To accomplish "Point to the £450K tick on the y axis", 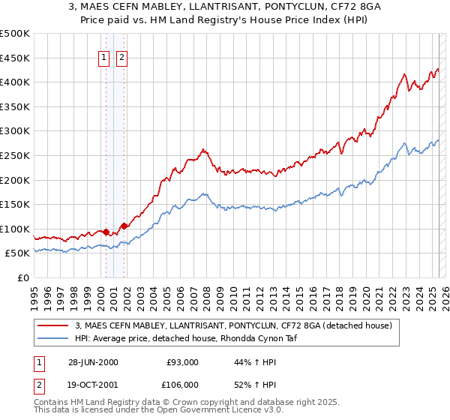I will click(x=15, y=58).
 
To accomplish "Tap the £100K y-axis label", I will click(x=15, y=229).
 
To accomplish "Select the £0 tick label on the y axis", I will click(x=23, y=277).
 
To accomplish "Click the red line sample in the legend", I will click(x=52, y=325).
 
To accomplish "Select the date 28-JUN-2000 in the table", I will click(x=92, y=362).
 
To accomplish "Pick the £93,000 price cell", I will click(x=181, y=362).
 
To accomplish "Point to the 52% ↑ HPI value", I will click(x=258, y=384).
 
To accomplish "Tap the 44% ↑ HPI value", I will click(x=258, y=362).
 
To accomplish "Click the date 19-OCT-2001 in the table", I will click(x=92, y=384).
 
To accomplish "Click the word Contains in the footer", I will click(x=53, y=403).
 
